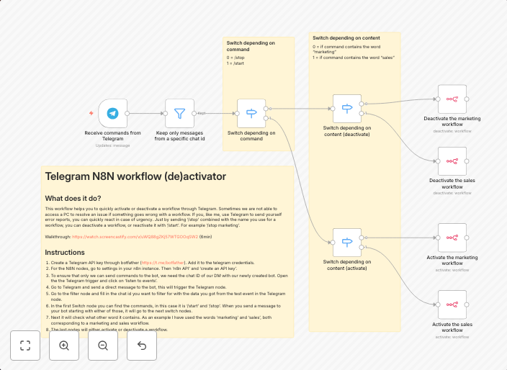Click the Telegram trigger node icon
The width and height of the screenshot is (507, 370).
tap(112, 113)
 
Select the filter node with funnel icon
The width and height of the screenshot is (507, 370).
tap(179, 113)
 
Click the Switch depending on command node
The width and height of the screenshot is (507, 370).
tap(251, 113)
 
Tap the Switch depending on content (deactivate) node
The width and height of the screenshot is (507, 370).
tap(347, 109)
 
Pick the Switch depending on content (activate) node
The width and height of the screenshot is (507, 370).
tap(347, 242)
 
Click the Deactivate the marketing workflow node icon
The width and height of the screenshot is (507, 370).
tap(452, 99)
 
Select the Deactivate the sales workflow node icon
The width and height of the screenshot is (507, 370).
tap(452, 161)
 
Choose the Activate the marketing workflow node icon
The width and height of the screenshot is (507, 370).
tap(452, 238)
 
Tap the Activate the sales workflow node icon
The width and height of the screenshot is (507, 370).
tap(452, 304)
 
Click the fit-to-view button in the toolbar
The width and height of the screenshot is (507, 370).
tap(25, 346)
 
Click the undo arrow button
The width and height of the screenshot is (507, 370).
tap(142, 346)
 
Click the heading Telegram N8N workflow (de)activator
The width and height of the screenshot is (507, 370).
tap(135, 176)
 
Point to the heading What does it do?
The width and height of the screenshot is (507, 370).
tap(73, 198)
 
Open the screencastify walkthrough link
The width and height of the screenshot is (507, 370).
tap(134, 236)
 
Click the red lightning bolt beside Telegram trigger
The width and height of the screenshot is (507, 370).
tap(91, 113)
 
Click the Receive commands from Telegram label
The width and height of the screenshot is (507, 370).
tap(112, 135)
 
